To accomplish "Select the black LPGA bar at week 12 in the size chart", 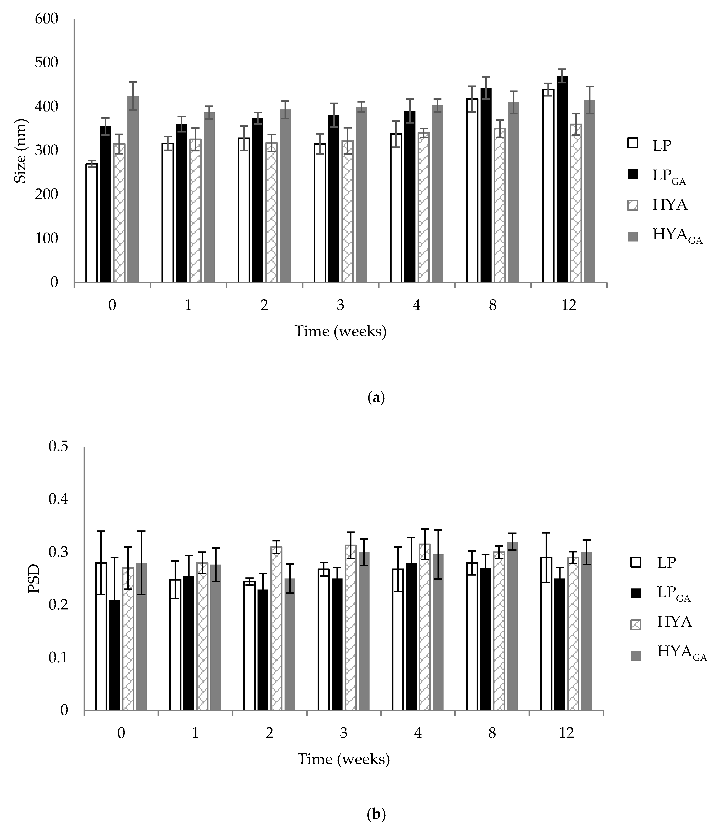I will click(x=562, y=179).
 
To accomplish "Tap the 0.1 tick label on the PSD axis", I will click(x=58, y=658).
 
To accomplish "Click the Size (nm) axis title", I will click(x=20, y=151).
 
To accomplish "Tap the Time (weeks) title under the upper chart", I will click(x=340, y=331).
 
